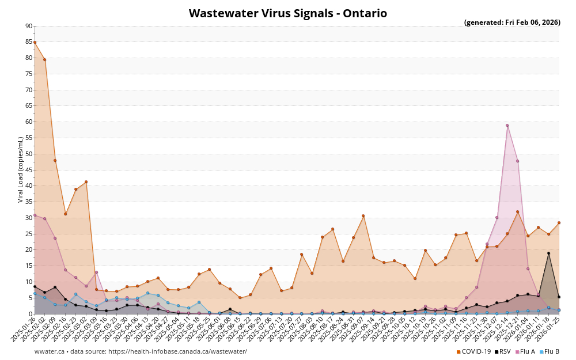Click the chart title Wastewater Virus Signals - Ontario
tap(287, 13)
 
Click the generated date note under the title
tap(512, 22)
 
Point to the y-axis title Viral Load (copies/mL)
tap(21, 169)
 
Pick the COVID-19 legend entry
tap(473, 351)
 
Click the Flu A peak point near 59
tap(507, 125)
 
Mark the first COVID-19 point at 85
tap(35, 42)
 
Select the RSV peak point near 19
tap(548, 253)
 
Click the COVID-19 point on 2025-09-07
tap(363, 216)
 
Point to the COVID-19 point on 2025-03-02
tap(86, 182)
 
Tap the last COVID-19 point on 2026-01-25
tap(559, 222)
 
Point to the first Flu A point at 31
tap(35, 215)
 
